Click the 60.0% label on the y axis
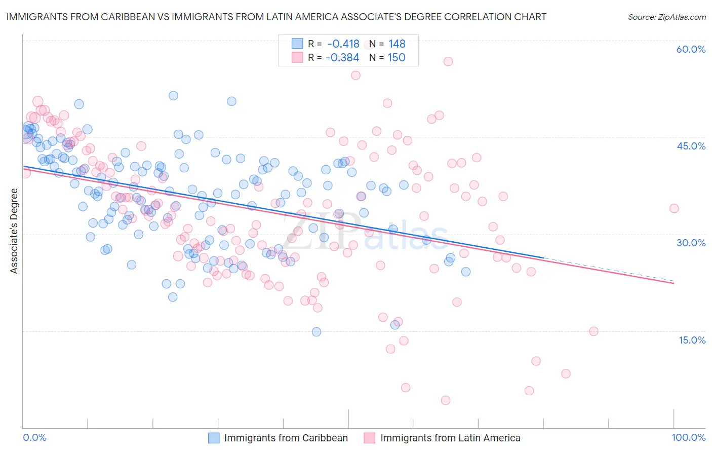[x=691, y=49]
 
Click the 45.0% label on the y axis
[x=691, y=146]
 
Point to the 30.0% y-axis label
[x=691, y=243]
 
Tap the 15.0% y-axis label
[x=692, y=340]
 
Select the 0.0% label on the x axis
[x=35, y=437]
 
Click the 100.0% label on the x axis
[x=688, y=437]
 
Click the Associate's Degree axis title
[x=14, y=231]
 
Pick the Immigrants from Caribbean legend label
[x=286, y=438]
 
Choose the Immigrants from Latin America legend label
[x=450, y=438]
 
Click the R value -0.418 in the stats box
[x=343, y=44]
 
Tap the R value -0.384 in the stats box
[x=342, y=58]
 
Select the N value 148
[x=397, y=44]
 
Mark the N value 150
[x=397, y=58]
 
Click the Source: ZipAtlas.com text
[x=666, y=17]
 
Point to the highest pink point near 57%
[x=448, y=61]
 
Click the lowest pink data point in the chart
[x=446, y=400]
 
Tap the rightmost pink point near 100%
[x=674, y=208]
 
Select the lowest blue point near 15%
[x=317, y=332]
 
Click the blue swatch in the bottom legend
[x=214, y=438]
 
